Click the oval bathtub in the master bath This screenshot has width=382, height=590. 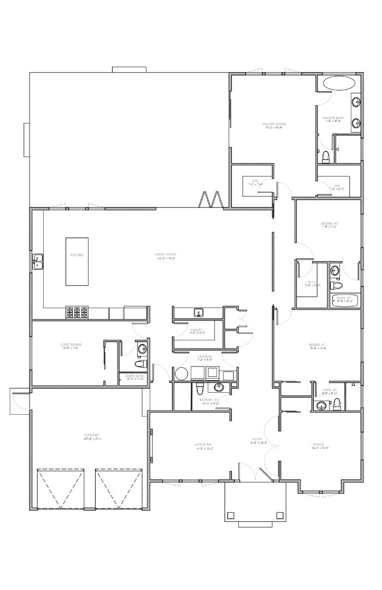338,83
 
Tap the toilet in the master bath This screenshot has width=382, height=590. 326,157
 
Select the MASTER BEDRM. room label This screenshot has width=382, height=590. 274,125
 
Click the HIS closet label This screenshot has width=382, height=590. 337,186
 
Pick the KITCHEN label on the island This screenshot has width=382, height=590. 77,255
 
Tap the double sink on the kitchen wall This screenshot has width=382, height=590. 38,262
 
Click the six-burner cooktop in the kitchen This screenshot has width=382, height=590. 77,312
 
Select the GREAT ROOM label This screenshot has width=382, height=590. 164,255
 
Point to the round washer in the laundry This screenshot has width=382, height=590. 181,374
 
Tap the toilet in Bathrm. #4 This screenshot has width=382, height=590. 200,388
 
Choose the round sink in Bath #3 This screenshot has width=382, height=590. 321,405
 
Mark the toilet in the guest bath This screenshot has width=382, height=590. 139,364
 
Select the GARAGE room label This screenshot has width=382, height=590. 91,435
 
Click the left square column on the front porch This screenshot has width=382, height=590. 231,515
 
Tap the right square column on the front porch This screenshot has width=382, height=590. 280,515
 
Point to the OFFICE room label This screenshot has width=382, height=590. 318,444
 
